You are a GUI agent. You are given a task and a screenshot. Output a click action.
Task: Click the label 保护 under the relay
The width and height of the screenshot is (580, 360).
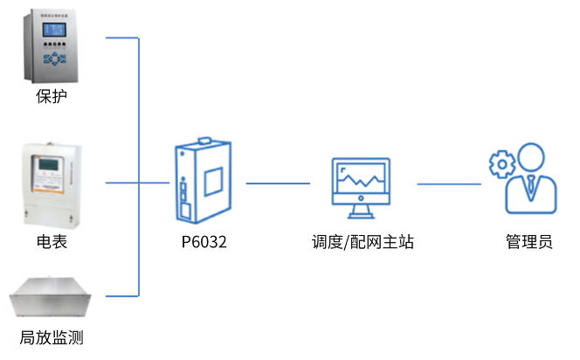52,96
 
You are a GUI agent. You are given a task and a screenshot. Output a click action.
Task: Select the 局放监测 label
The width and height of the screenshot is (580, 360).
52,336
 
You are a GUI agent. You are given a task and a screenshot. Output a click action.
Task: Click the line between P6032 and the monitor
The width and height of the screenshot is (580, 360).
278,183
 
